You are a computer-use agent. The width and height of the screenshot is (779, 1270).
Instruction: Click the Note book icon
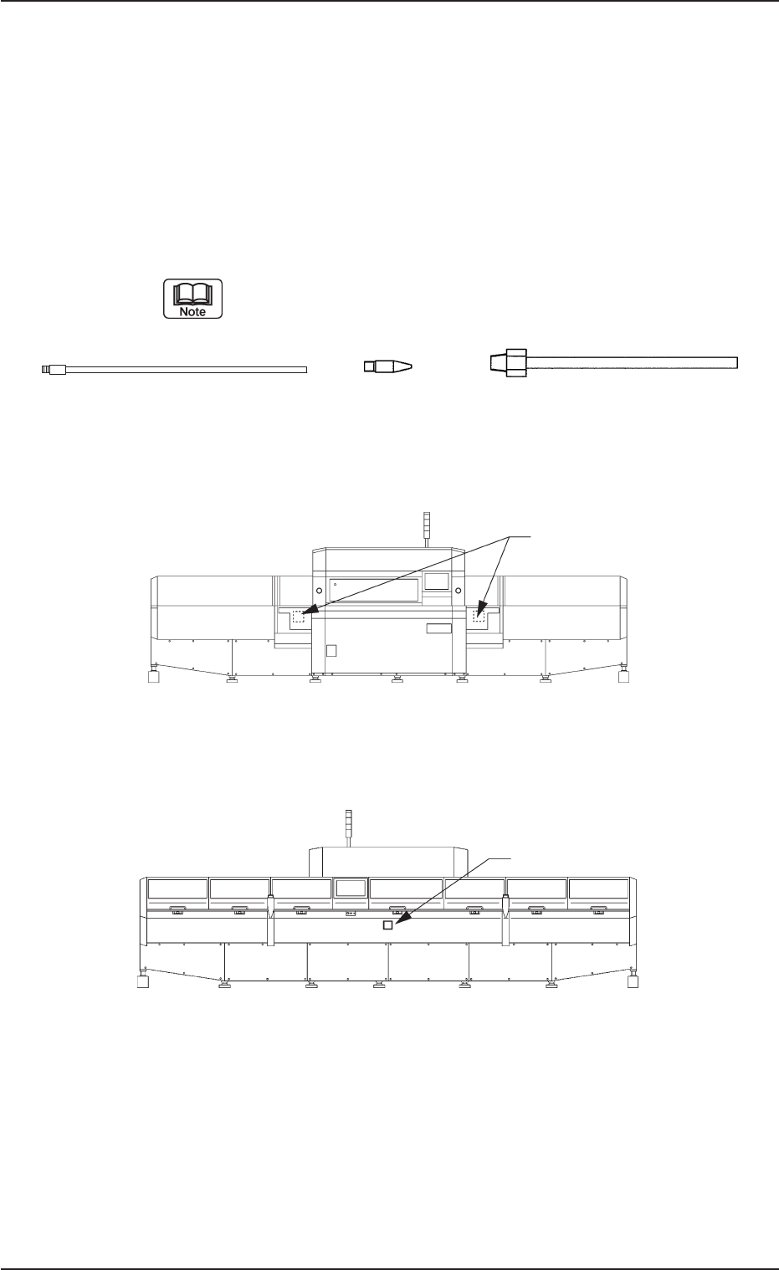tap(192, 298)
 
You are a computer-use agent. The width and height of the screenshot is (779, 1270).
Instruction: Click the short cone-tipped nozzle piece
tap(387, 366)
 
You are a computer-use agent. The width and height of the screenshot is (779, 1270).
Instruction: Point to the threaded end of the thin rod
tap(54, 370)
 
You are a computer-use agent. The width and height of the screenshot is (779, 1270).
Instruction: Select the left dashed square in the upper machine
tap(298, 617)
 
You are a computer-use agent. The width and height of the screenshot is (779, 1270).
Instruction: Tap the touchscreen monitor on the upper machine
tap(436, 581)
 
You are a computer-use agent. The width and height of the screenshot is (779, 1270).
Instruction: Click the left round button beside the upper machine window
tap(319, 591)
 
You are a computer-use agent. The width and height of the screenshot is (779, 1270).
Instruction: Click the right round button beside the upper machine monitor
tap(458, 591)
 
